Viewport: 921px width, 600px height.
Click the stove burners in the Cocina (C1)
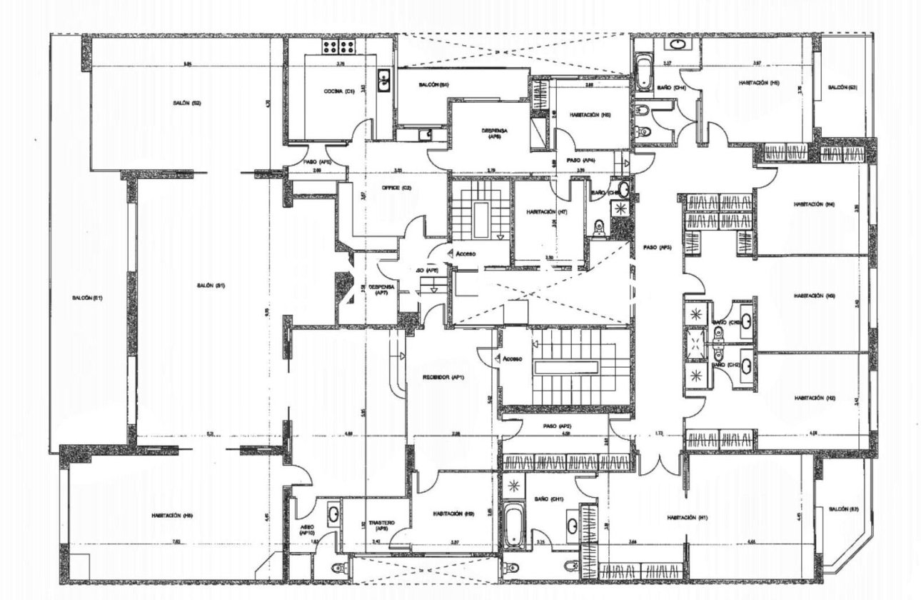[340, 47]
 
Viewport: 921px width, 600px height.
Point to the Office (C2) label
[392, 187]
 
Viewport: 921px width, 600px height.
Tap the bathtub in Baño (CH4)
[643, 71]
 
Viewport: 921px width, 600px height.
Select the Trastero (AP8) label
[377, 525]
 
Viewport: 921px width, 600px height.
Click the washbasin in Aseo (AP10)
[333, 513]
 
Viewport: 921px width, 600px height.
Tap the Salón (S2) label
[181, 103]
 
